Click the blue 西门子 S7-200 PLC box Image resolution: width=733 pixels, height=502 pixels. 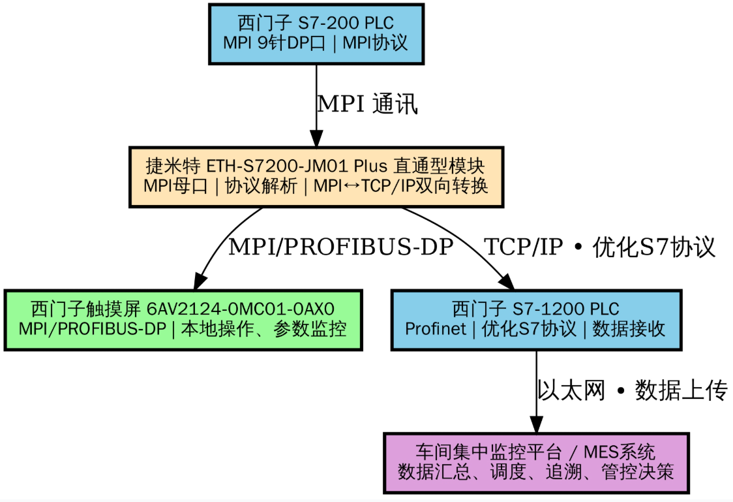(316, 34)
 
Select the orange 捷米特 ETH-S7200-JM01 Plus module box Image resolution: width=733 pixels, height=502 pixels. (316, 176)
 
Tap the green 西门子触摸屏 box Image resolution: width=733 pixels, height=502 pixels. (183, 320)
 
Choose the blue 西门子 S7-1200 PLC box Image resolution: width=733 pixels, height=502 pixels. (535, 320)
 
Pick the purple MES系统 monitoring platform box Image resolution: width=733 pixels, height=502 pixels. (535, 462)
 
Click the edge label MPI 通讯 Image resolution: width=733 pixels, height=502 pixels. (366, 104)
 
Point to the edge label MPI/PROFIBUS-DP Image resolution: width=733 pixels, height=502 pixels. (340, 247)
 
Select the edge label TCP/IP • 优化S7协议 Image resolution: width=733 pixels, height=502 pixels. (599, 247)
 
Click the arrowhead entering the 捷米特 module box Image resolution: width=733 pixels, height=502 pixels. (316, 138)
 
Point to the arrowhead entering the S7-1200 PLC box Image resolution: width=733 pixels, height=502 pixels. (507, 281)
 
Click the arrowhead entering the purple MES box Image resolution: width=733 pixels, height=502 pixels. (535, 424)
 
